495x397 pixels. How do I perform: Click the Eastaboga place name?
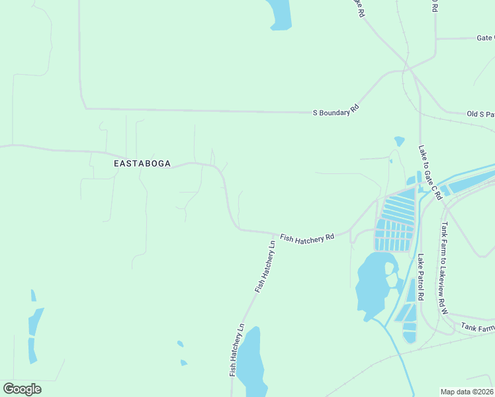point(142,163)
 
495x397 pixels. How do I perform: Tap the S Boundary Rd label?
point(336,110)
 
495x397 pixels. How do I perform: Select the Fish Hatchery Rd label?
point(306,237)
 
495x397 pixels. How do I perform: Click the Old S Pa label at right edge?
point(480,114)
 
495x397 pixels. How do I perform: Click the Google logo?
point(22,389)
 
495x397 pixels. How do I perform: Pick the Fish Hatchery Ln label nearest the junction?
point(265,267)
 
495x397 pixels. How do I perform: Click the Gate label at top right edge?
point(485,38)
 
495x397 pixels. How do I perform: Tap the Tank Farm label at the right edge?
point(478,327)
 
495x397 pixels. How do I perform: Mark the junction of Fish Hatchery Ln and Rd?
point(275,233)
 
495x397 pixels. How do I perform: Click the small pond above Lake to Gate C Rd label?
point(399,141)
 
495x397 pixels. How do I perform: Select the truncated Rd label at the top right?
point(434,6)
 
